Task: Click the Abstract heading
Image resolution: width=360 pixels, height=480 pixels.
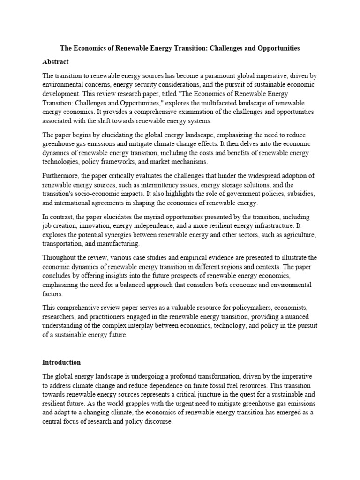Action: click(x=55, y=62)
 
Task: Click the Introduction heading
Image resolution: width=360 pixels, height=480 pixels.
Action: click(x=61, y=362)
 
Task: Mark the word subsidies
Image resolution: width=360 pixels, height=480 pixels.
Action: click(x=301, y=193)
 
